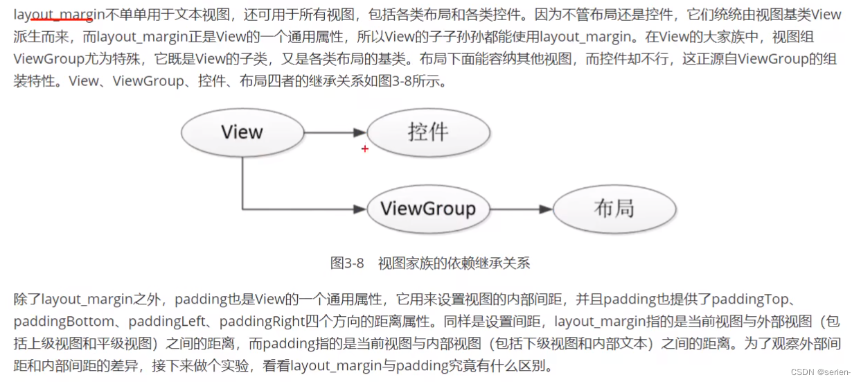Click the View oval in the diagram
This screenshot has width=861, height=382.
pyautogui.click(x=242, y=132)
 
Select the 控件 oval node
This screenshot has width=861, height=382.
pyautogui.click(x=427, y=132)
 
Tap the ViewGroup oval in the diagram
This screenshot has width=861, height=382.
pyautogui.click(x=427, y=209)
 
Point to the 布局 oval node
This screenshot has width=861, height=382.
pyautogui.click(x=614, y=209)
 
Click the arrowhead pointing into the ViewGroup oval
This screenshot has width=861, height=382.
pyautogui.click(x=358, y=209)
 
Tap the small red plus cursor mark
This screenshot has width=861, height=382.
pyautogui.click(x=365, y=148)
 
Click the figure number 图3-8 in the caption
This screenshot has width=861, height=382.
pyautogui.click(x=347, y=263)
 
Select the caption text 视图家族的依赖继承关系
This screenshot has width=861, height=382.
pyautogui.click(x=454, y=263)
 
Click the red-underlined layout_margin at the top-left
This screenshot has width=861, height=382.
pyautogui.click(x=58, y=14)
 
